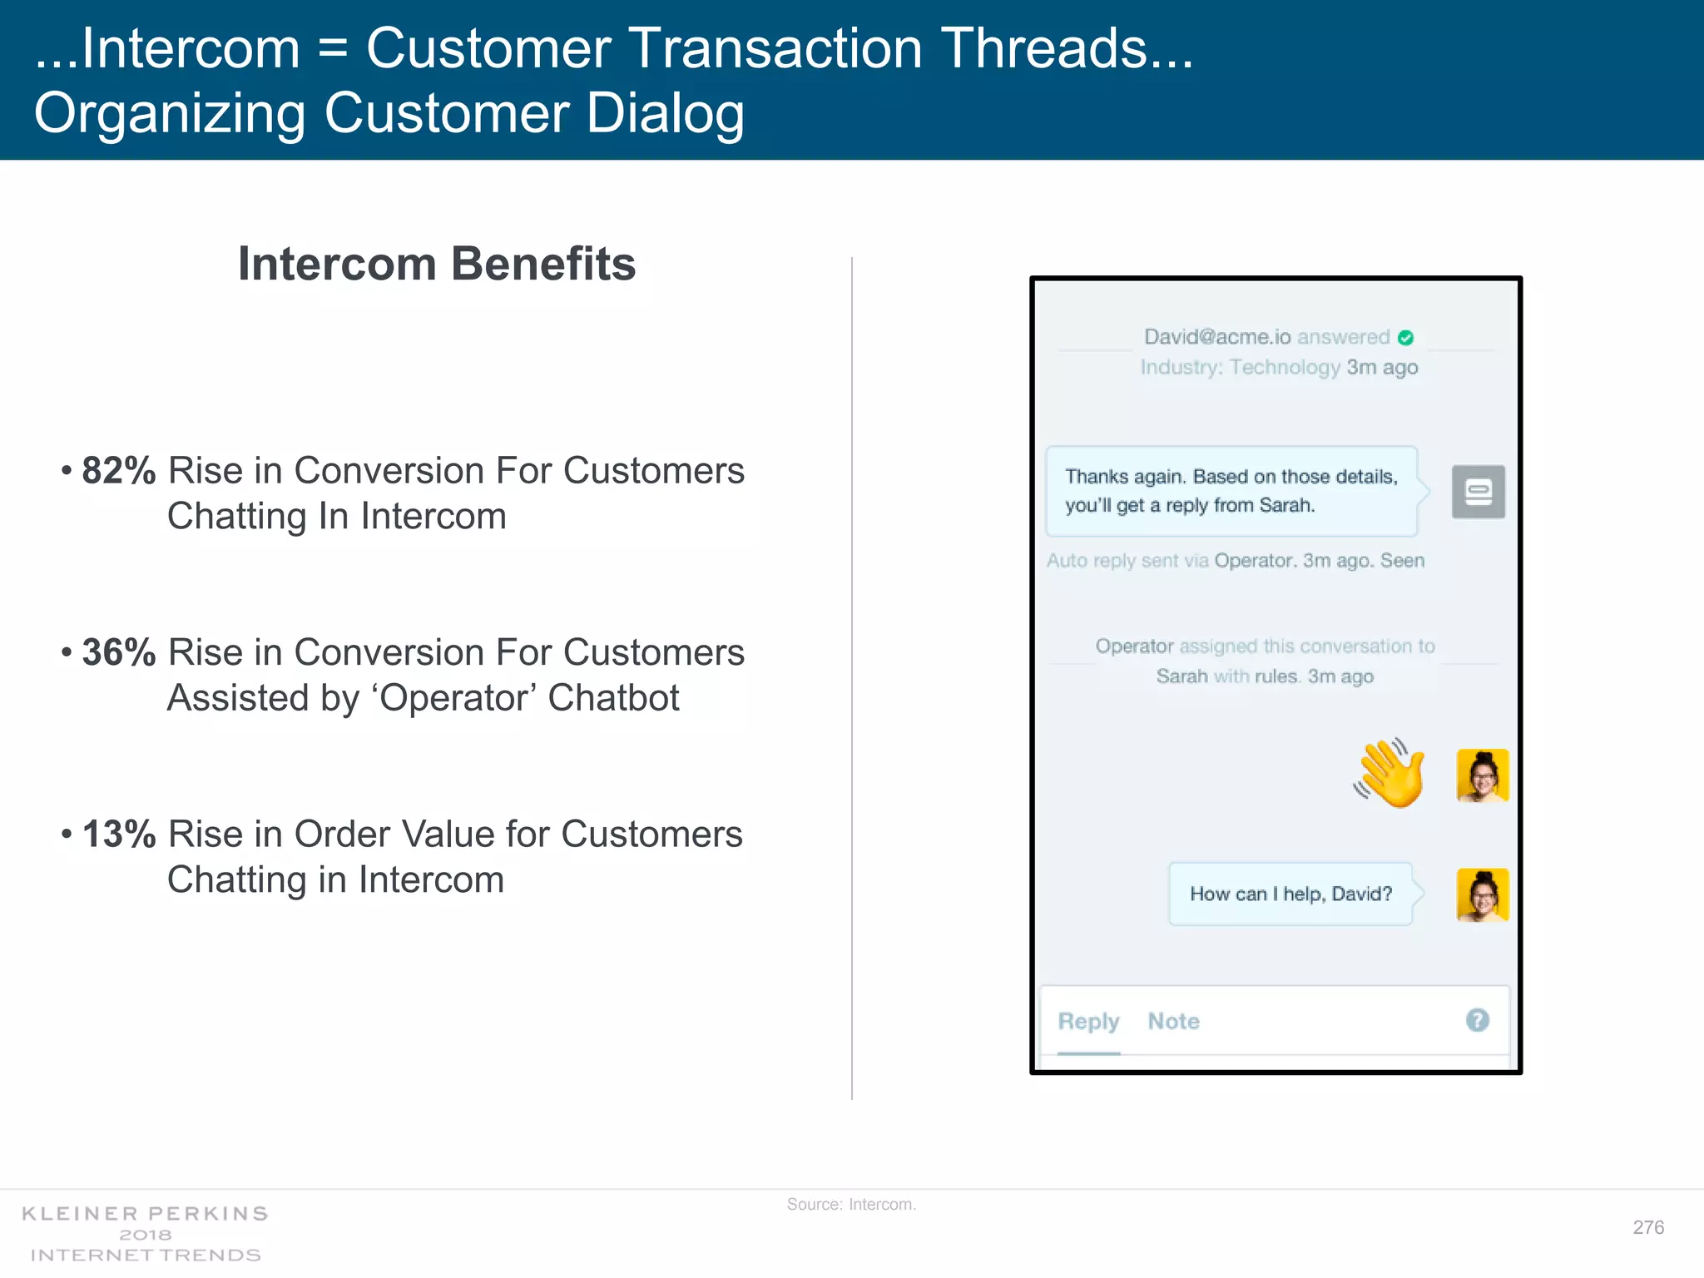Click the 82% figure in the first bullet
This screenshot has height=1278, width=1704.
click(x=118, y=471)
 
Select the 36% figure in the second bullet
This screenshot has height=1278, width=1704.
click(x=118, y=652)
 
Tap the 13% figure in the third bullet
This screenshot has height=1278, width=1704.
click(x=118, y=835)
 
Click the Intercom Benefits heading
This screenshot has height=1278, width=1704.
click(x=437, y=264)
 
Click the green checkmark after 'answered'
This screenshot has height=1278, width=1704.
click(x=1405, y=338)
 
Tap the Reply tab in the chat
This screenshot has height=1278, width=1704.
click(x=1088, y=1021)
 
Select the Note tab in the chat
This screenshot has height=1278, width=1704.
click(x=1173, y=1021)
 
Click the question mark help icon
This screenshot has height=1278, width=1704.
click(x=1477, y=1020)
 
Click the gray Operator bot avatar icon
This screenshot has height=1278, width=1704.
click(x=1478, y=492)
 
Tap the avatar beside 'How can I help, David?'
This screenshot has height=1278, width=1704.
click(x=1482, y=895)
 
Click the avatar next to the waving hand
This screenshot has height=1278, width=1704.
click(x=1482, y=775)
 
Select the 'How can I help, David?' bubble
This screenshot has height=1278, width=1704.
click(x=1290, y=894)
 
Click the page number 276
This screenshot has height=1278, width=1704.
click(x=1647, y=1227)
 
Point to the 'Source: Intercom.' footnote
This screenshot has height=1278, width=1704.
click(x=851, y=1204)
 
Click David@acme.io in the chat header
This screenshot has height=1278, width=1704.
click(x=1216, y=337)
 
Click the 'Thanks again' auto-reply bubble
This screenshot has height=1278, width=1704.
click(x=1231, y=491)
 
